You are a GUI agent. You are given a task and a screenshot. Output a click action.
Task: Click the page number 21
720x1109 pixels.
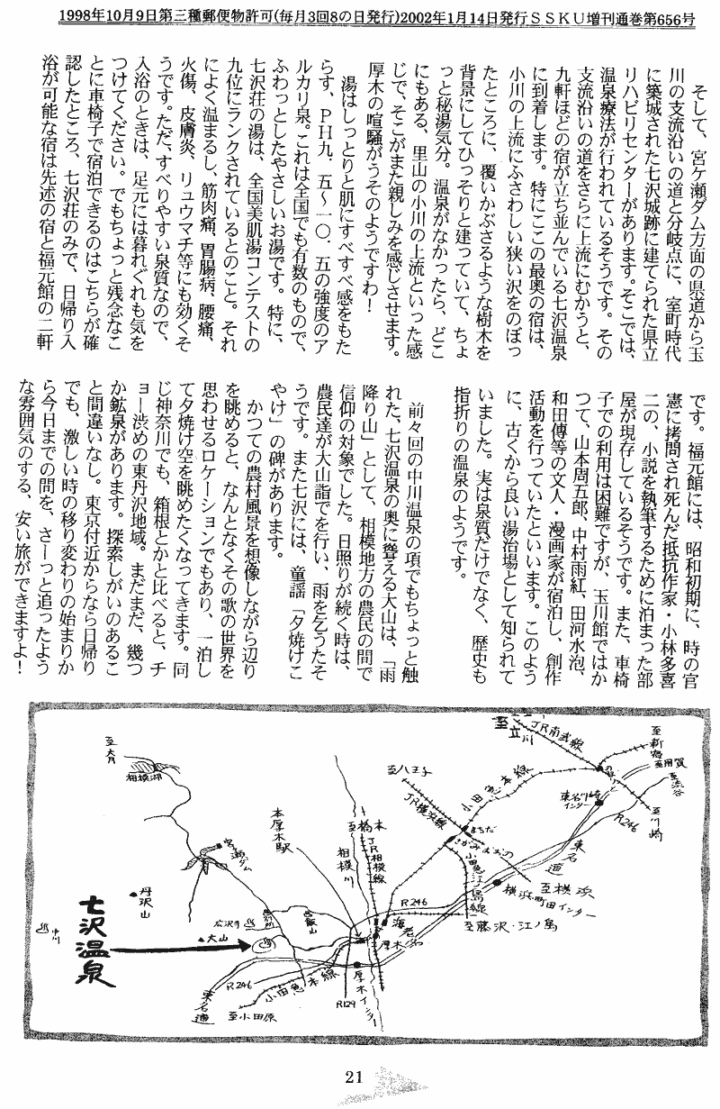point(353,1074)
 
